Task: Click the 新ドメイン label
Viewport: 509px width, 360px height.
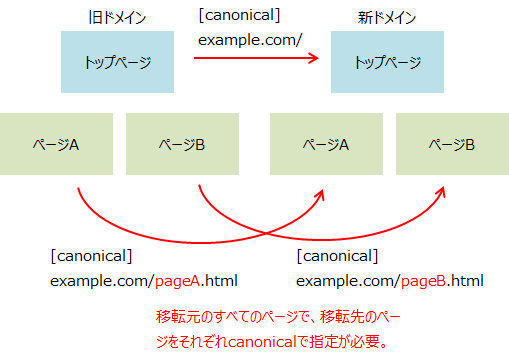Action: [385, 18]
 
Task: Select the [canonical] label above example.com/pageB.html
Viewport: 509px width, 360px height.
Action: [337, 257]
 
